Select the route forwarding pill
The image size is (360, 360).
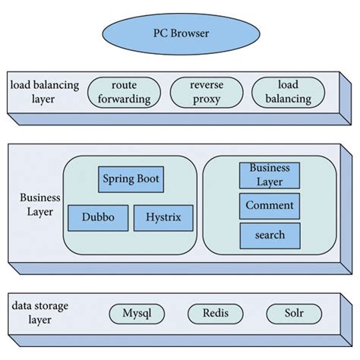tap(124, 92)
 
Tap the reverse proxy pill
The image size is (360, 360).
tap(207, 92)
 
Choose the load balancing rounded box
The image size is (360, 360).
tap(288, 92)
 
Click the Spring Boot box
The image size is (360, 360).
tap(130, 180)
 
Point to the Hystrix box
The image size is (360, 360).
tap(163, 218)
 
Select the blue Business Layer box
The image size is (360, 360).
tap(269, 175)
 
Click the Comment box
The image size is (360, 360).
tap(269, 205)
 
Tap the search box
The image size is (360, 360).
tap(269, 235)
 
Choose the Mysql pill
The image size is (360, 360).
tap(138, 313)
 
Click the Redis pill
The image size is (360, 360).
tap(216, 313)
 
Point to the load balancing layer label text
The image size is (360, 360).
tap(44, 92)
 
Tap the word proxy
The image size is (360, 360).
tap(207, 99)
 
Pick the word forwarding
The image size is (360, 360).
tap(124, 99)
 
